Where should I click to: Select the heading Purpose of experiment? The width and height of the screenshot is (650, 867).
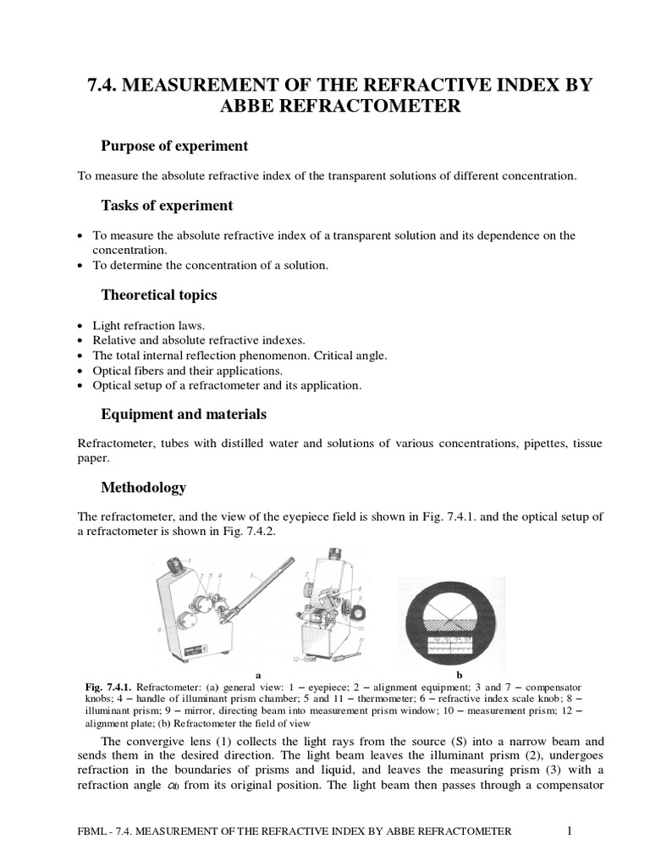click(174, 146)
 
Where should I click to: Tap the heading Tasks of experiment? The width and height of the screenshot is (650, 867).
click(167, 206)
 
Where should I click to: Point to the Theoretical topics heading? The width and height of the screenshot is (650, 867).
click(159, 295)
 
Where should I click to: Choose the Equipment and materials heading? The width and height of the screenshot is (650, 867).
click(184, 414)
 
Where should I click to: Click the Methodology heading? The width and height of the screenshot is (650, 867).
click(143, 488)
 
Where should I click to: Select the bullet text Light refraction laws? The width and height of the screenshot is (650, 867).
click(145, 325)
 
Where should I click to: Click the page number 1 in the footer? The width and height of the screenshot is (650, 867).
click(570, 831)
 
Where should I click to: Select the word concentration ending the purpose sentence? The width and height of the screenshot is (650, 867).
click(543, 176)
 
